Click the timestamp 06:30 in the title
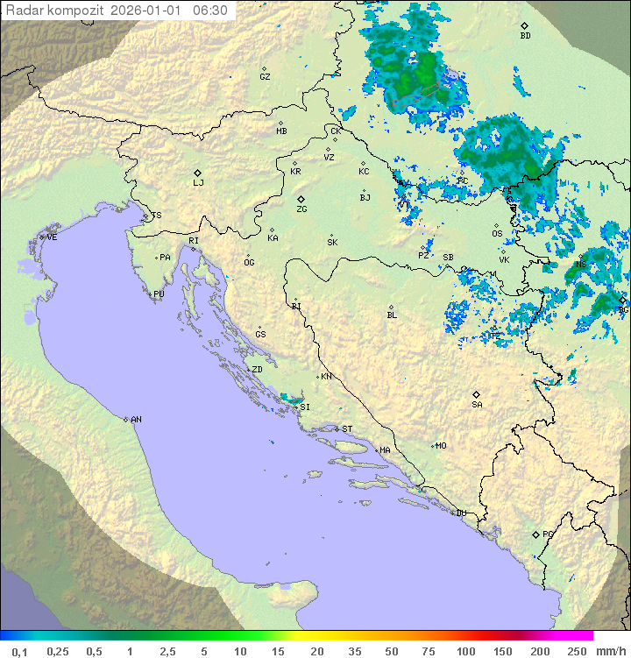209,11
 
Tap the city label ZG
301,209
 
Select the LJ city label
198,182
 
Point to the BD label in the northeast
525,36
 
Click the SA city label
477,404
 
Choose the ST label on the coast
347,429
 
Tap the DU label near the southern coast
460,513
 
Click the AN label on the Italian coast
136,420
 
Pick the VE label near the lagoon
52,237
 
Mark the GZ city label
265,76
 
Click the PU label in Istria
159,294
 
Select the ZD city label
257,370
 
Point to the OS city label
497,234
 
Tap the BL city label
392,315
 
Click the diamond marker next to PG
535,534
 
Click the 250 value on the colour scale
576,651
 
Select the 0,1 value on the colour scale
19,651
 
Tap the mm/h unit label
609,651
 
